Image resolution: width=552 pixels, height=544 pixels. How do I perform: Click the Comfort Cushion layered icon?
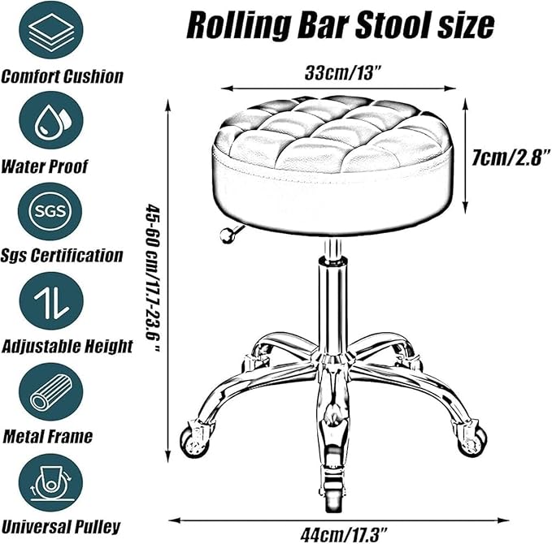tap(51, 30)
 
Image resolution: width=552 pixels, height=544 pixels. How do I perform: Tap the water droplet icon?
tap(51, 120)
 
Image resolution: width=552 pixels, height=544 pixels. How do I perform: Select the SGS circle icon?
tap(50, 211)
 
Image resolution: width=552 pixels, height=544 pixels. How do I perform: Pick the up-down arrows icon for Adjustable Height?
tap(51, 301)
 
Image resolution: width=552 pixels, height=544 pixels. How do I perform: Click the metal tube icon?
tap(51, 391)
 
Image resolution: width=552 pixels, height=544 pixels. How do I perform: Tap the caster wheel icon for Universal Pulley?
tap(50, 482)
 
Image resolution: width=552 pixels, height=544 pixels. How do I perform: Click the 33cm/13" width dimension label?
tap(343, 73)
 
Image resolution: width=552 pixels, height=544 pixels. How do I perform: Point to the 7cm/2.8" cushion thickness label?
tap(511, 157)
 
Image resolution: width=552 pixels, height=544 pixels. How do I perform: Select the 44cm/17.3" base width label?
tap(344, 534)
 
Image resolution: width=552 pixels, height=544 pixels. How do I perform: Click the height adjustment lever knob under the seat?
tap(226, 235)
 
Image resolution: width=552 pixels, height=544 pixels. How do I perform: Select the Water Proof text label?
tap(44, 166)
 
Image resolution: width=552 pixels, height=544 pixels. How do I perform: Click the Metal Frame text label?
tap(47, 436)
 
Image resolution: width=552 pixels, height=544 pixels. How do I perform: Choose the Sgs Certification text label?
tap(62, 256)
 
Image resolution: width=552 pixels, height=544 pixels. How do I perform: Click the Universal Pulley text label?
tap(61, 527)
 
